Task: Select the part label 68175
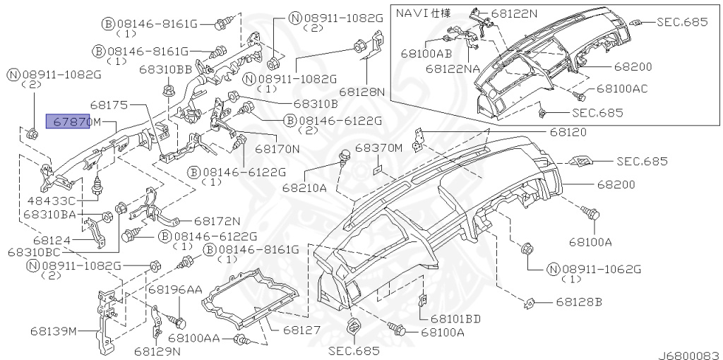[x=109, y=105]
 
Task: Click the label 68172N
[x=217, y=222]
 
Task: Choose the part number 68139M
[x=54, y=331]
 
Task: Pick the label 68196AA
[x=175, y=289]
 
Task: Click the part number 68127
[x=301, y=330]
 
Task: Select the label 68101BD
[x=456, y=318]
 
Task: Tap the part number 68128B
[x=579, y=302]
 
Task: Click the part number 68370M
[x=379, y=148]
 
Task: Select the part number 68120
[x=568, y=133]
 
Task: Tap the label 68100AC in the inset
[x=622, y=88]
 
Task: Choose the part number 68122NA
[x=453, y=68]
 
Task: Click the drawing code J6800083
[x=689, y=355]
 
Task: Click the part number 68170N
[x=277, y=149]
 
